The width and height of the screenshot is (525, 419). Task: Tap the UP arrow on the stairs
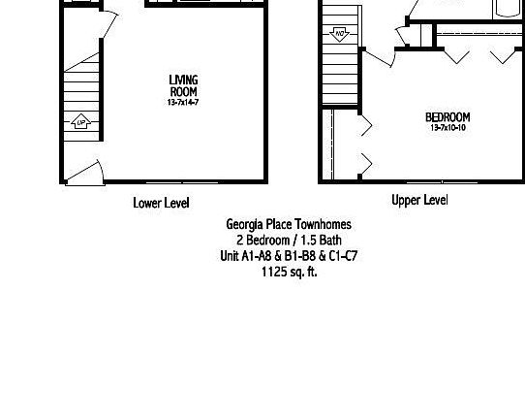tap(81, 122)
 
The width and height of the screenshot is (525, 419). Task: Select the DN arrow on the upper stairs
tap(340, 35)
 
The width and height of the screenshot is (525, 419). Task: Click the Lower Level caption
tap(161, 203)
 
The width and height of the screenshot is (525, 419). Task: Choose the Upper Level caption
tap(419, 201)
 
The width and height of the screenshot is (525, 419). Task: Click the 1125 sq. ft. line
tap(289, 273)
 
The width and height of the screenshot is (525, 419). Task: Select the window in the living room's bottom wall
tap(185, 181)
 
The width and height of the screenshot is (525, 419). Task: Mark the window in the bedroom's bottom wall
tap(432, 181)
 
